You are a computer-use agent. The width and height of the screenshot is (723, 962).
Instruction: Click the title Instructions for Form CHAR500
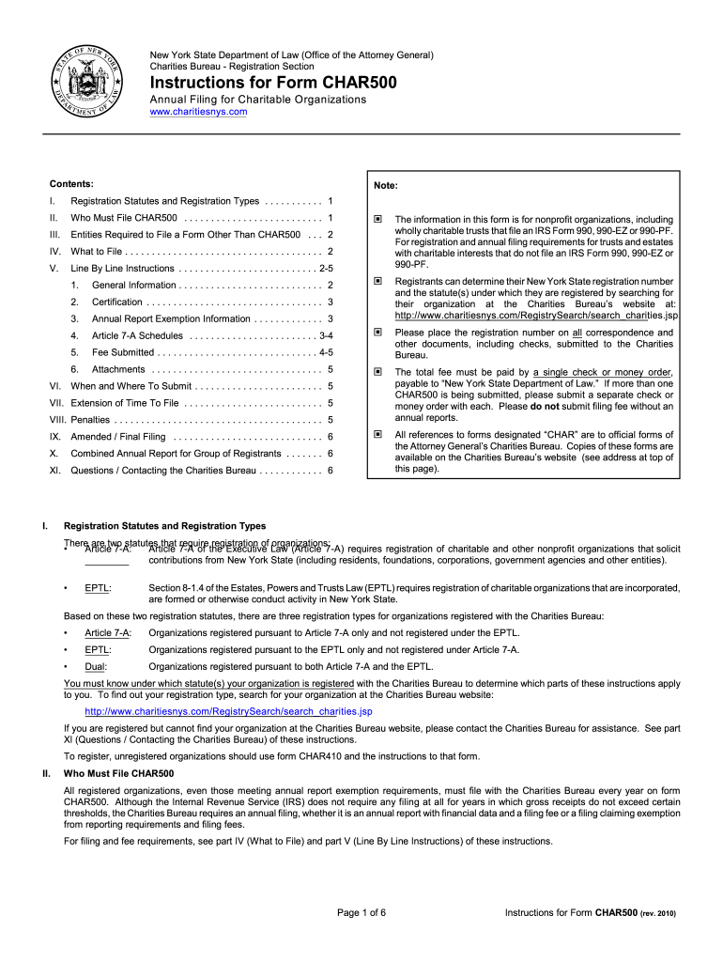pos(273,84)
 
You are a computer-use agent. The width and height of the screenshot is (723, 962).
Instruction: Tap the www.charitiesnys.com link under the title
pos(198,112)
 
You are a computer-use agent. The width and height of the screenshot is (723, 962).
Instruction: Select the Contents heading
pos(71,183)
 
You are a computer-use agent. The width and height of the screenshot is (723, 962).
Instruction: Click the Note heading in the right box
pos(386,184)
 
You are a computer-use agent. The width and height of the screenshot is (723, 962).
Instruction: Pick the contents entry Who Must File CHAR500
pos(123,218)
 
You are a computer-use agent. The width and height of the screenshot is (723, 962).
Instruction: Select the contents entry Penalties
pos(90,420)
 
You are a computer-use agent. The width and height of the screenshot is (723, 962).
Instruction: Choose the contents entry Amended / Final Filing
pos(117,437)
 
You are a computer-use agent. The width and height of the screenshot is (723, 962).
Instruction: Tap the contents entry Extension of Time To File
pos(125,403)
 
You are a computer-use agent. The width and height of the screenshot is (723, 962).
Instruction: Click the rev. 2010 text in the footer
pos(658,914)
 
